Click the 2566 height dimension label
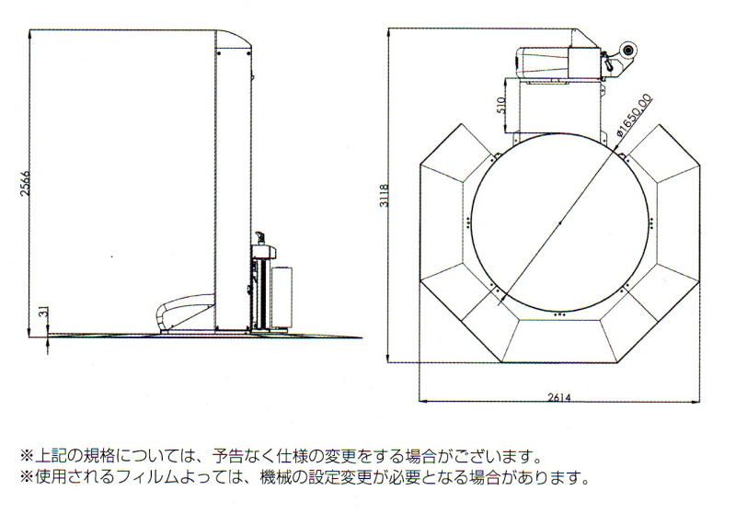(26, 183)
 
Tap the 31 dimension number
(43, 312)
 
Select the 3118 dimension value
(385, 196)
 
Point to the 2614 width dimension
(559, 398)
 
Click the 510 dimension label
(500, 105)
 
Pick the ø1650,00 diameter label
(634, 115)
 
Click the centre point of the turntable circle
(560, 223)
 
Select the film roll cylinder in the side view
(282, 296)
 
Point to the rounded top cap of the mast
(234, 39)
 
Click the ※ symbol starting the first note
(27, 455)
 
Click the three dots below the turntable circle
(559, 314)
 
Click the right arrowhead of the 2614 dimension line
(696, 401)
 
